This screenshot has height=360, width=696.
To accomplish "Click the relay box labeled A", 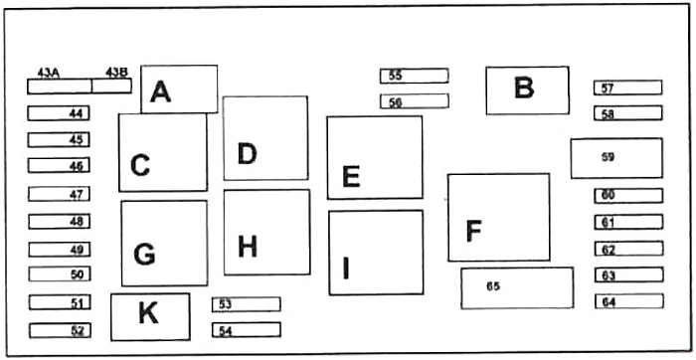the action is [x=179, y=90].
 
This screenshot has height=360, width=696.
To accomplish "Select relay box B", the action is [x=527, y=90].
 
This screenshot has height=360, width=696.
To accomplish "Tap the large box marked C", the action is [x=163, y=152].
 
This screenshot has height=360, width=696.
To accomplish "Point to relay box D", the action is [x=265, y=138].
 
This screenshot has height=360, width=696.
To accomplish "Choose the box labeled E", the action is [x=375, y=157].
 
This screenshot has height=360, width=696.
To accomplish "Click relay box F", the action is [x=499, y=218].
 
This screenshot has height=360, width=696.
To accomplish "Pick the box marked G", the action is [x=164, y=244].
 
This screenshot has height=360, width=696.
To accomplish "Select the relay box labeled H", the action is [x=266, y=232].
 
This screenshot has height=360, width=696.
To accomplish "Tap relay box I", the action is [x=376, y=253].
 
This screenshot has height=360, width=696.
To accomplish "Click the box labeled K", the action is [x=150, y=317].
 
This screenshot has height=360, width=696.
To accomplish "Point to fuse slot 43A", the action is [x=60, y=87].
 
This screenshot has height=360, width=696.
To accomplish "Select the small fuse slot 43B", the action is [x=111, y=86].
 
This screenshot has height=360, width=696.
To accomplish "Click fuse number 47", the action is [x=59, y=194].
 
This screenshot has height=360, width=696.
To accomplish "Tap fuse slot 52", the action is [x=60, y=331].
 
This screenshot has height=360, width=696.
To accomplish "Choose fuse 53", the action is [x=246, y=304].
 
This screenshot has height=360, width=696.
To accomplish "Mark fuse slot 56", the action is [x=415, y=101].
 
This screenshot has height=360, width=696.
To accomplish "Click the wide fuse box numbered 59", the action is [x=616, y=158].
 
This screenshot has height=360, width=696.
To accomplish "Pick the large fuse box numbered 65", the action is [x=517, y=288].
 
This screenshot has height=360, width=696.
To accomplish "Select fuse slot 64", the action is [x=629, y=301].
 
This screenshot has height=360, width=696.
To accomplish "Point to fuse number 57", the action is [x=628, y=88].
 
